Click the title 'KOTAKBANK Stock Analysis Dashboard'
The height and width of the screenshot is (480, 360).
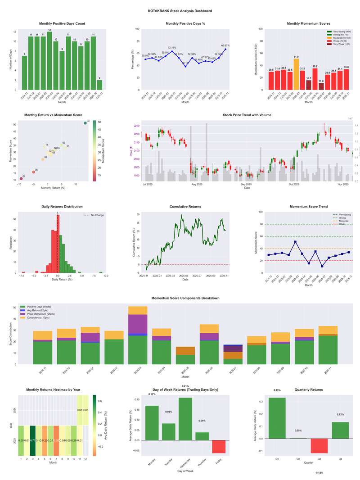[x=180, y=10]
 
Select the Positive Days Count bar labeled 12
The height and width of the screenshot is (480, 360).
[x=49, y=61]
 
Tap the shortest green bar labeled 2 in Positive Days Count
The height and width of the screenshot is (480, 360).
[x=99, y=85]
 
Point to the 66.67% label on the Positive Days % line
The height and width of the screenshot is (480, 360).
[x=225, y=45]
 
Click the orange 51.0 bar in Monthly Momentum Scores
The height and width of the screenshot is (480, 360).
[x=296, y=74]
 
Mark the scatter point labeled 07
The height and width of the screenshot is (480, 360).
[x=21, y=179]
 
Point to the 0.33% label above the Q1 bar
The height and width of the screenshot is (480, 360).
[x=277, y=390]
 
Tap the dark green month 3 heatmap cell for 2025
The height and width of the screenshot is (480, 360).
[x=33, y=440]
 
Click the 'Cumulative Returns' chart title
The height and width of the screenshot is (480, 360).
[x=185, y=207]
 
